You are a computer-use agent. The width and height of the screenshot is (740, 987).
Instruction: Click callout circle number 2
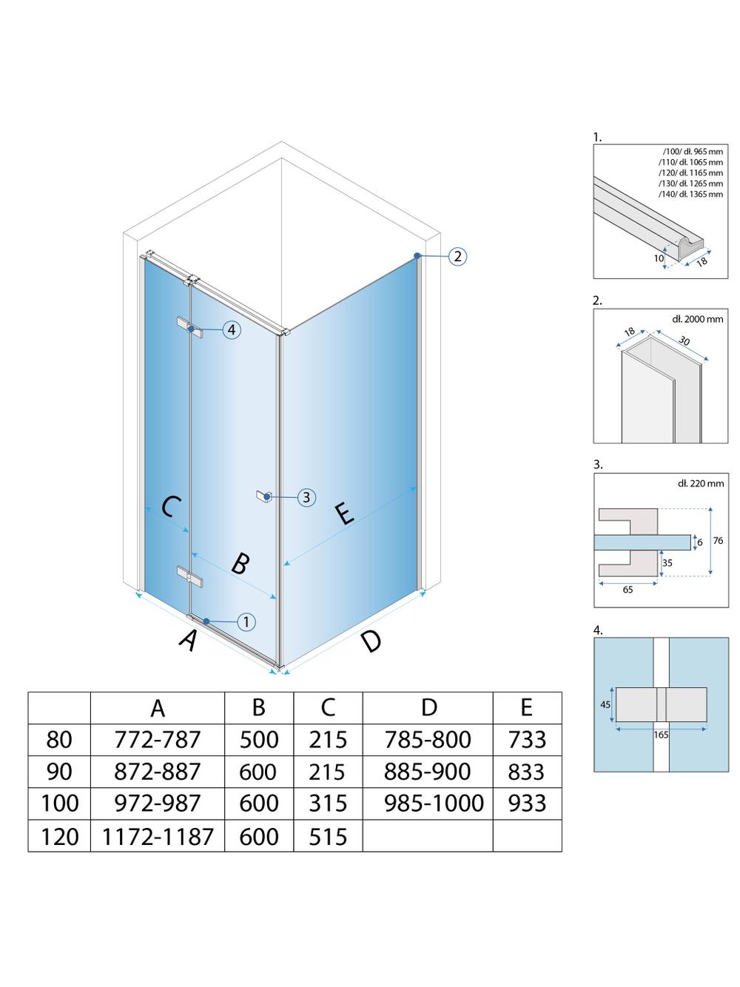tap(458, 257)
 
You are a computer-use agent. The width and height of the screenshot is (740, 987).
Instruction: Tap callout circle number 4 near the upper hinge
tap(232, 329)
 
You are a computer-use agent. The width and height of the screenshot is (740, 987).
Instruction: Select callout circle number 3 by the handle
tap(306, 497)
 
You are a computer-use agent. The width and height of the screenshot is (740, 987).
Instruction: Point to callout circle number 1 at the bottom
tap(246, 621)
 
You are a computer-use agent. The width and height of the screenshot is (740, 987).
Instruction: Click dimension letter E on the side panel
tap(345, 513)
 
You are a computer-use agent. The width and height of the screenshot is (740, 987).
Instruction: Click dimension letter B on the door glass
tap(239, 564)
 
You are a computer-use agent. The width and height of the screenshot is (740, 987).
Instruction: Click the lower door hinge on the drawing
tap(189, 576)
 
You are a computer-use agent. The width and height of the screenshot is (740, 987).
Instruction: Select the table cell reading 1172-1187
tap(158, 836)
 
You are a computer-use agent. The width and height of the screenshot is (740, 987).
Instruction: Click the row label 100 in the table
tap(59, 804)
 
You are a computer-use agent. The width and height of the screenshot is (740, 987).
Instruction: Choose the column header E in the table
tap(526, 707)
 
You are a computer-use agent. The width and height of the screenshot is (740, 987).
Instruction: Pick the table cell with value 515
tap(328, 836)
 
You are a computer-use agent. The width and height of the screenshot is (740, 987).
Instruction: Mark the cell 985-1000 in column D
tap(434, 804)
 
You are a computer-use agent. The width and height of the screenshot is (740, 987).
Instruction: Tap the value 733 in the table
tap(527, 739)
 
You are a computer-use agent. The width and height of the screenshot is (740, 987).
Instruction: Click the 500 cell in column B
tap(258, 739)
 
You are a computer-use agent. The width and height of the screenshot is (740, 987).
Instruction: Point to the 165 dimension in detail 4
tap(661, 735)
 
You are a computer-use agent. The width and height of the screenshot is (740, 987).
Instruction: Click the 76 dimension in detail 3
tap(718, 541)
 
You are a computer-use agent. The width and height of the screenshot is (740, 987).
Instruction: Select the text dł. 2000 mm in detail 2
tap(698, 319)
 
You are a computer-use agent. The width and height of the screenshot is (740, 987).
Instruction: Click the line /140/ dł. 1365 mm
tap(690, 194)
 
